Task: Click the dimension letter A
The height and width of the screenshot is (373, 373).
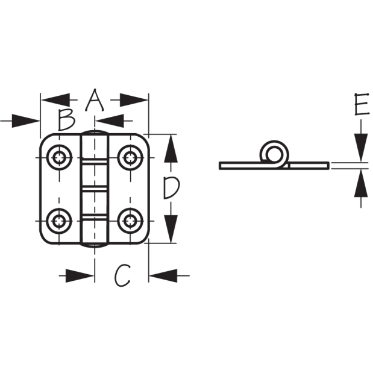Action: (95, 100)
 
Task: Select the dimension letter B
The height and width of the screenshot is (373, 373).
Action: (67, 121)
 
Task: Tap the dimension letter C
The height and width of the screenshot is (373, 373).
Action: (122, 275)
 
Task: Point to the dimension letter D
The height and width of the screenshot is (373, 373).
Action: (171, 189)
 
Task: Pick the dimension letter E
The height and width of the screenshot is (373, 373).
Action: (362, 104)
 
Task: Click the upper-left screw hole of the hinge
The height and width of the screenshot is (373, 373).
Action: (59, 157)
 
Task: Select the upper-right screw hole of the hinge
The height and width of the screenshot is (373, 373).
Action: (130, 157)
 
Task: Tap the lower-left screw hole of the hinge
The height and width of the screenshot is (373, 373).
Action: (59, 221)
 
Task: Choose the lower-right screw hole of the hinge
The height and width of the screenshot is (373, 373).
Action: (130, 221)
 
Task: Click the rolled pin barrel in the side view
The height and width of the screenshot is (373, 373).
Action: (275, 154)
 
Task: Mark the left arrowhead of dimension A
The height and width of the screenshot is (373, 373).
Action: (55, 100)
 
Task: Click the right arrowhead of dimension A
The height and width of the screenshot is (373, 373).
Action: (134, 100)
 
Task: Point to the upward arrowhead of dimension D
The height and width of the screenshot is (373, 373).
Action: (171, 149)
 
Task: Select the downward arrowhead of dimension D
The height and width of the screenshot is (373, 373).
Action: (171, 229)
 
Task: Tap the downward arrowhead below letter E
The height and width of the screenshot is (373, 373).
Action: (361, 148)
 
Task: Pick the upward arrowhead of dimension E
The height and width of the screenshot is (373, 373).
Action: (361, 183)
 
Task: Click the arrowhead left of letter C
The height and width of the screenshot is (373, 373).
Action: (80, 276)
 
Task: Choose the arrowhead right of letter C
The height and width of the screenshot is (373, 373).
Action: (163, 276)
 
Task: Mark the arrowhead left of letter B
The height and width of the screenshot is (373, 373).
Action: (26, 121)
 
